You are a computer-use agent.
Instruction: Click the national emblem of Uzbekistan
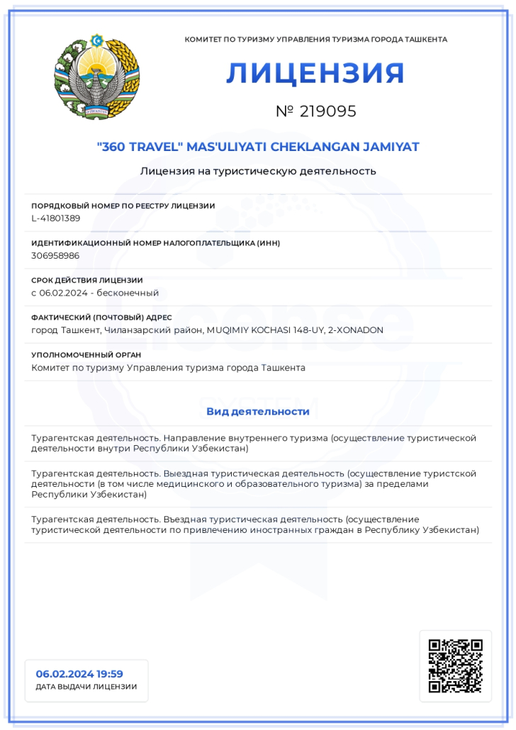97,77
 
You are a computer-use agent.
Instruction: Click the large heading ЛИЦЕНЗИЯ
315,74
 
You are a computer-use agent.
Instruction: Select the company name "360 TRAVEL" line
258,147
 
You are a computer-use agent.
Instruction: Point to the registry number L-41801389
56,218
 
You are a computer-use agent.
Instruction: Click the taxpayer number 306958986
55,255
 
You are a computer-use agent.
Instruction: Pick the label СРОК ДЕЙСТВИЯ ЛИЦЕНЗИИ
87,280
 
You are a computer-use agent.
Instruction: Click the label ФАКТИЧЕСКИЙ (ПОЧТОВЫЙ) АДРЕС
101,318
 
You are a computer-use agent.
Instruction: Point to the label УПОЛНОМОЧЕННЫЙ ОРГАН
86,354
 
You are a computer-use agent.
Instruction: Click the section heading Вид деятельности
258,411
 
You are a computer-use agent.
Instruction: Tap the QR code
455,666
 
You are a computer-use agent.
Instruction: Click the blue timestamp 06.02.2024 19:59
79,674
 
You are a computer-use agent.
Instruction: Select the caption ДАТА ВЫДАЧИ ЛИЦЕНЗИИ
86,687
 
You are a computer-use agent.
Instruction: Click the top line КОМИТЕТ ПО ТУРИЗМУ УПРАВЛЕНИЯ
315,40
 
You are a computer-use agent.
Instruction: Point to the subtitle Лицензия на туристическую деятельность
258,171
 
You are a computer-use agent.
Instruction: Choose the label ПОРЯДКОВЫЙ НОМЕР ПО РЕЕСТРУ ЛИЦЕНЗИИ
123,206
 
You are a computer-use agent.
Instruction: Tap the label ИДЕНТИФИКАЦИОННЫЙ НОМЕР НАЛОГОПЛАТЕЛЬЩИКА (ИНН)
155,243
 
